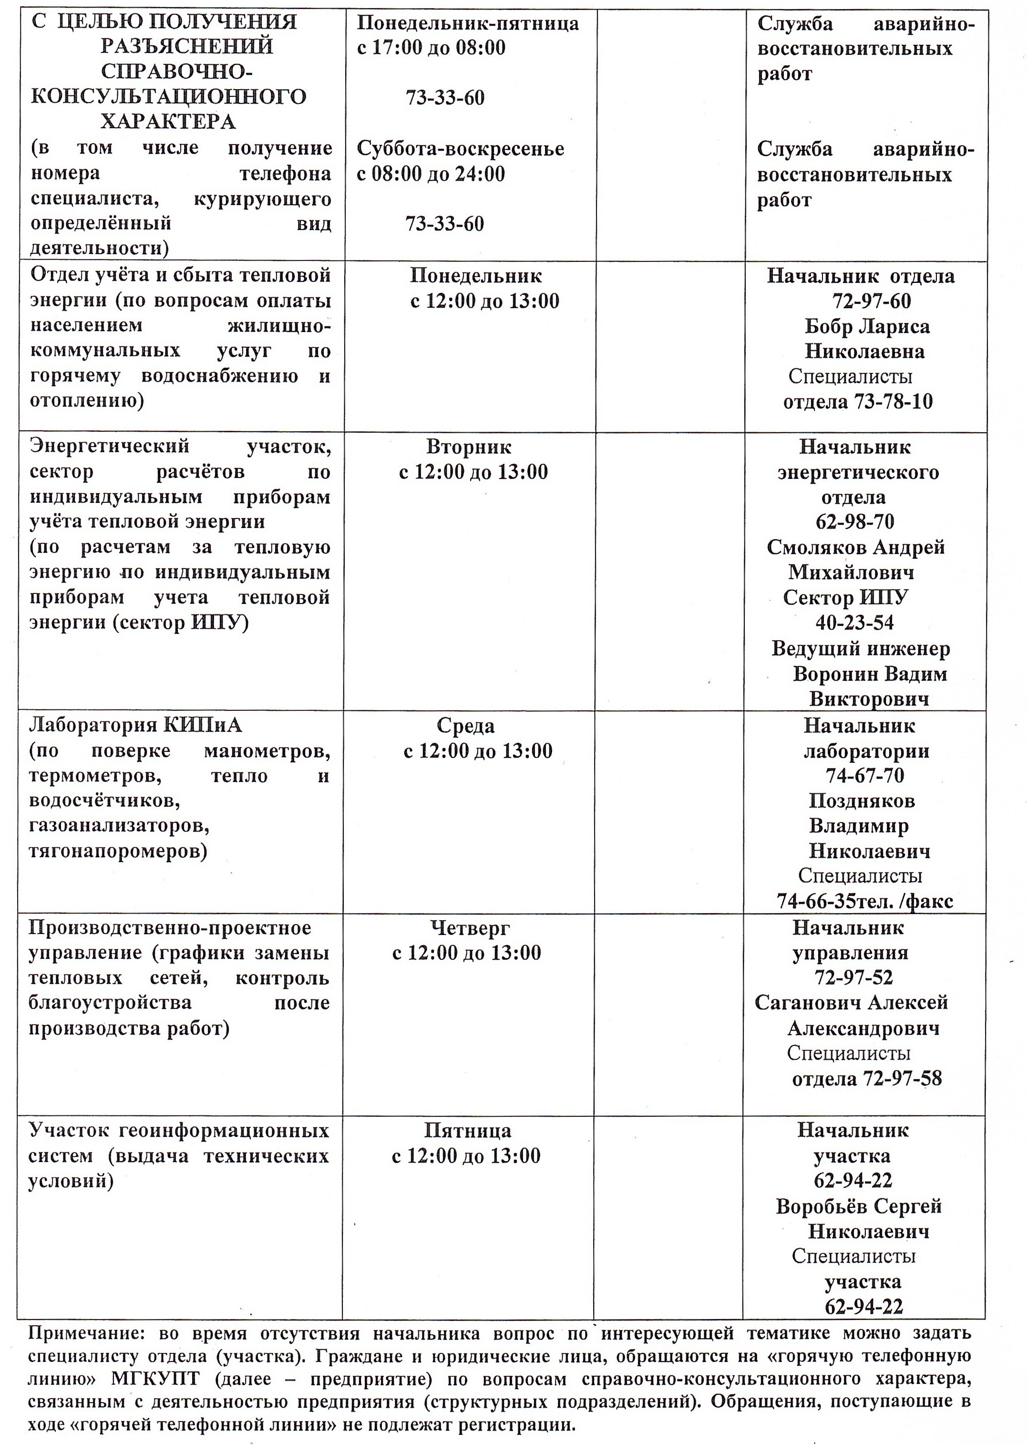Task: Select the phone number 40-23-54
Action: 854,623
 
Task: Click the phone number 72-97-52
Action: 854,977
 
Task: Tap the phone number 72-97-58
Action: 902,1078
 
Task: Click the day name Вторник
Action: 468,447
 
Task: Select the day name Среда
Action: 465,726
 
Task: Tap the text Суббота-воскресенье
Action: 460,149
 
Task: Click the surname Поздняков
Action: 862,801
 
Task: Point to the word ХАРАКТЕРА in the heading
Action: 168,121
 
